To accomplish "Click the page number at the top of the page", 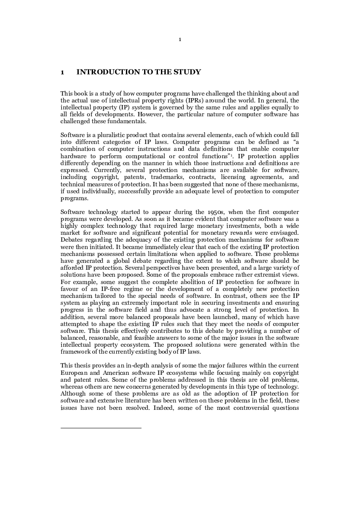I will [180, 40].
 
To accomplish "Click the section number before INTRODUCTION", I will [63, 72].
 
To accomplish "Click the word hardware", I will [73, 155].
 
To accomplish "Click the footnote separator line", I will [101, 428].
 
